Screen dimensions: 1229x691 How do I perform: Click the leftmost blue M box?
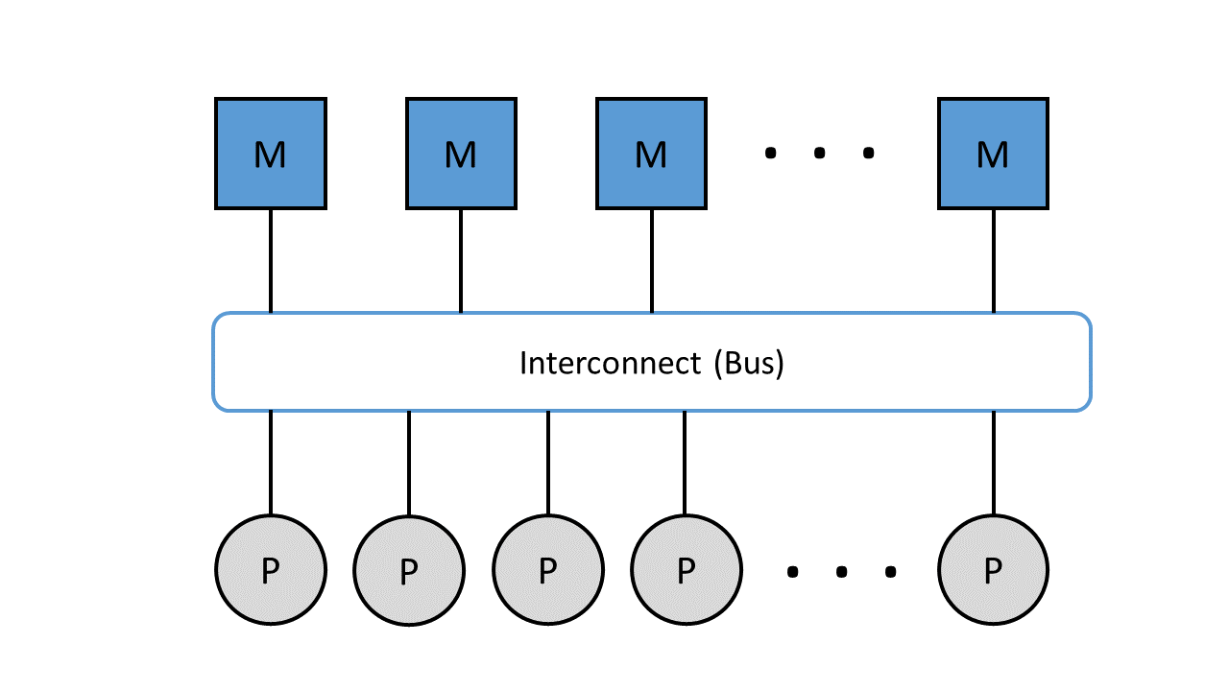pos(271,154)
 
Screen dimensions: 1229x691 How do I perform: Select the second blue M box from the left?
pos(461,154)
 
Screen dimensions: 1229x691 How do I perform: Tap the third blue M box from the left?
pos(651,154)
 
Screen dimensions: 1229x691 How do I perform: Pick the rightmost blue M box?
pos(993,154)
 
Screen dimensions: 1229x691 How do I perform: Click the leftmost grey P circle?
pos(271,570)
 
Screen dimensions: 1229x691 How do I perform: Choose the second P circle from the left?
pos(409,571)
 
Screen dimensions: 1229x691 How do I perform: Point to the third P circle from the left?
pos(548,570)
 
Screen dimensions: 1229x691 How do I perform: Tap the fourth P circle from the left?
pos(686,570)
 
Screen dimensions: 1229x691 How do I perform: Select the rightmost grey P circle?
pos(993,570)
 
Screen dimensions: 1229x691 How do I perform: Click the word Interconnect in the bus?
pos(610,363)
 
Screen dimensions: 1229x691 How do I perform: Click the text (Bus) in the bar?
pos(750,363)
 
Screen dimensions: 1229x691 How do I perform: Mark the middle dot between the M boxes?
pos(819,153)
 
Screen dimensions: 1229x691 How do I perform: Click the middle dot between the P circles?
pos(841,572)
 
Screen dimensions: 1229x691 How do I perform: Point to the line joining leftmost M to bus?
pos(271,261)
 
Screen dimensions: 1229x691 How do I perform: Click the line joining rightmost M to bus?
pos(994,261)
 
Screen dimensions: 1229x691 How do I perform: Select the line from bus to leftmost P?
pos(271,463)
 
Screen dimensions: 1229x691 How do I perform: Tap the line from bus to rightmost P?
pos(994,463)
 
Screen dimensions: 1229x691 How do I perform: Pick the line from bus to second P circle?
pos(409,463)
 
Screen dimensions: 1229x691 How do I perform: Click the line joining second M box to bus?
pos(461,261)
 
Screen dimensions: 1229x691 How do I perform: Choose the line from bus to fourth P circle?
pos(685,463)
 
